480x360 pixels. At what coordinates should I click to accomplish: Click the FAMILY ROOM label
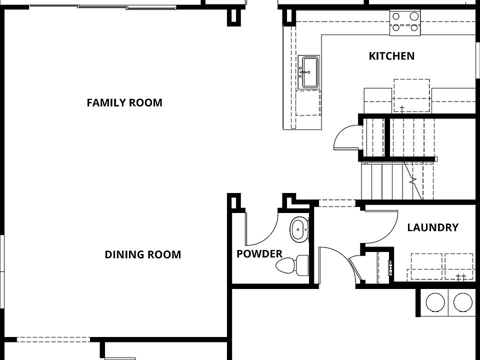(x=124, y=103)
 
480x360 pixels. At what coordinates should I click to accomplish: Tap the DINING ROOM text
(x=142, y=254)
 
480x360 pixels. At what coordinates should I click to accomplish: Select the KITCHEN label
(x=391, y=55)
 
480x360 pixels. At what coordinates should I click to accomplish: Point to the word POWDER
(x=259, y=254)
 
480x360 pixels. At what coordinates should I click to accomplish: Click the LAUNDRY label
(x=432, y=227)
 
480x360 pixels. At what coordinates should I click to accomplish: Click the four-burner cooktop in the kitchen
(x=405, y=23)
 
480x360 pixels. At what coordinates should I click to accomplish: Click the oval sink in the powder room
(x=299, y=229)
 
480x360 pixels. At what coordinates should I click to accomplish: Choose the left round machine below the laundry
(x=434, y=302)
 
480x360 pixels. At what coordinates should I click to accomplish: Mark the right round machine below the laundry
(x=462, y=302)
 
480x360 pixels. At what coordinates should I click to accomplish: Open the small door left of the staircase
(x=346, y=137)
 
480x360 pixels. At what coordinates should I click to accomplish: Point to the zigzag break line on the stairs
(x=413, y=182)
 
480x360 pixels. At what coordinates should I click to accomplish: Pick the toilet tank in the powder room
(x=302, y=265)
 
